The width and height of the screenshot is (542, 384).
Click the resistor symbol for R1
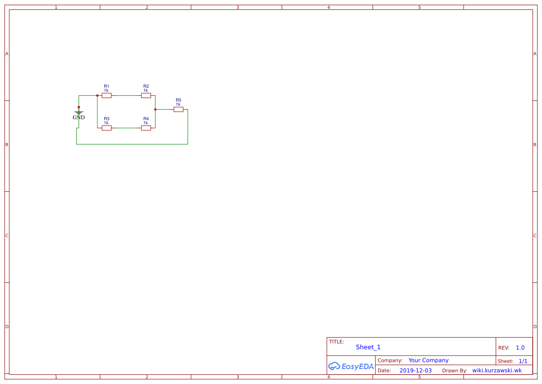point(107,96)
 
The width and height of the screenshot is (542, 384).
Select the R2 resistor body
point(146,96)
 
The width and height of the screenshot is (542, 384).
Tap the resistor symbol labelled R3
point(107,128)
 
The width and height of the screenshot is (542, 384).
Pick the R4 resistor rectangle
point(146,128)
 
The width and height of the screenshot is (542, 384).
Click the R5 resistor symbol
point(179,110)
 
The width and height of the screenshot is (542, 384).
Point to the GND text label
point(79,117)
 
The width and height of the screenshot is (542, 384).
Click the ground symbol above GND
point(79,113)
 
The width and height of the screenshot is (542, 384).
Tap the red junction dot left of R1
point(97,96)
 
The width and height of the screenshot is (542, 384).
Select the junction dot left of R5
point(155,110)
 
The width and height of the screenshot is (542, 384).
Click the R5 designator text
point(179,100)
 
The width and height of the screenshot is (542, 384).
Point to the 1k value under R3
point(106,123)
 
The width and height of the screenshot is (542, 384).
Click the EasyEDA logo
point(351,366)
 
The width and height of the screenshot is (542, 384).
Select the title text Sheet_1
point(368,347)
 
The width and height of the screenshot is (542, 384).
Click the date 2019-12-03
point(415,371)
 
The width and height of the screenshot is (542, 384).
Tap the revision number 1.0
point(520,348)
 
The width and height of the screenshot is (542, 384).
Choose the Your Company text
point(428,360)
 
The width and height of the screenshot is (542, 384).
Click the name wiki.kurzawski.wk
point(497,371)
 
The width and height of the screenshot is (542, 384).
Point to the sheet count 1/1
point(523,361)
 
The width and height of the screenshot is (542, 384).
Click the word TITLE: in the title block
point(336,342)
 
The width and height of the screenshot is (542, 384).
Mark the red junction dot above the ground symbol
point(79,107)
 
